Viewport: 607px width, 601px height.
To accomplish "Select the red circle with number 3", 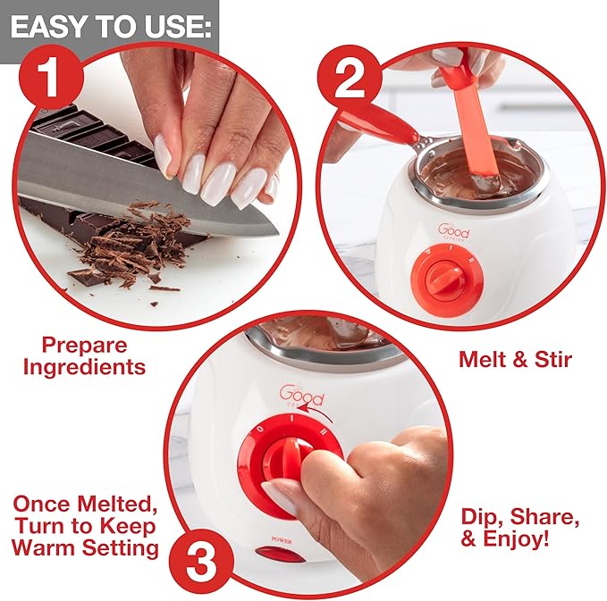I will pos(213,563).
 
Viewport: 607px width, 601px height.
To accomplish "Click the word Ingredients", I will pos(85,366).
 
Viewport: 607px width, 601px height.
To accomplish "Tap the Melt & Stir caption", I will pos(515,360).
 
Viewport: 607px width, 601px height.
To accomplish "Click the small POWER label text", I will pos(281,539).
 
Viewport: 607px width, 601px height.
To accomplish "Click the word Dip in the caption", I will pos(485,517).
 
